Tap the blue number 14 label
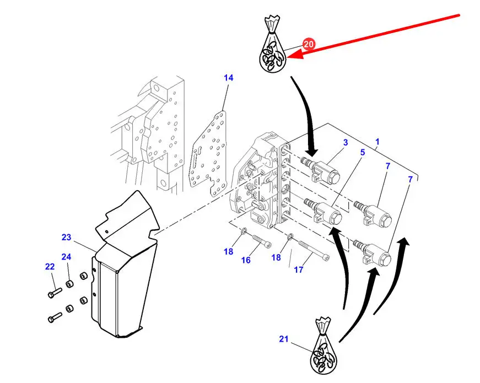click(x=228, y=78)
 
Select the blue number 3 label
click(x=346, y=143)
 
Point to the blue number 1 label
click(x=377, y=142)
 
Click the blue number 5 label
click(x=362, y=152)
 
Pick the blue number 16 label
click(x=246, y=260)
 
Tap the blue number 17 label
click(x=298, y=269)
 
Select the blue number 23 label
click(x=66, y=238)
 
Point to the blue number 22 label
click(x=50, y=266)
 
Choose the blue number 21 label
click(x=283, y=339)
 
